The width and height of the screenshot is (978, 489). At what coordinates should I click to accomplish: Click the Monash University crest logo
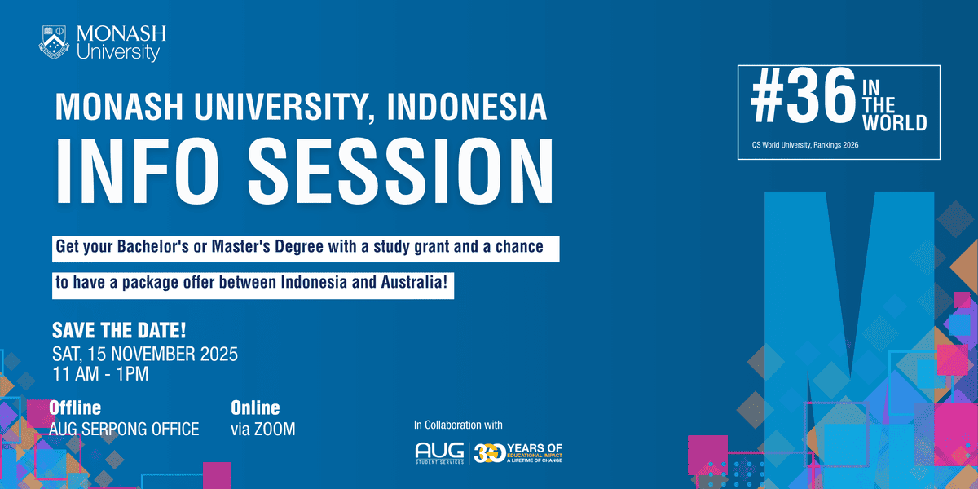click(55, 42)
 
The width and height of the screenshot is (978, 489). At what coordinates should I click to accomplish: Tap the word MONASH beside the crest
click(121, 34)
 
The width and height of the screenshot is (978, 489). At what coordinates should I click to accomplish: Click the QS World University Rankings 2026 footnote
click(805, 144)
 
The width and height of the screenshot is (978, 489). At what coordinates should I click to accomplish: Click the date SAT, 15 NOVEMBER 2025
click(144, 355)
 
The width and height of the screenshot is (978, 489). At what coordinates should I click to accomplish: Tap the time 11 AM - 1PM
click(100, 375)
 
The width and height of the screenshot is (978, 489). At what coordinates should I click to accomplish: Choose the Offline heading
click(76, 407)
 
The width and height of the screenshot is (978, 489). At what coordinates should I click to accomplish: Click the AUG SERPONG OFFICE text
click(124, 429)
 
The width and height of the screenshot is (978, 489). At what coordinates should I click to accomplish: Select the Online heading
click(255, 407)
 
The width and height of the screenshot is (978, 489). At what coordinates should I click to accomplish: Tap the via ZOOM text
click(263, 429)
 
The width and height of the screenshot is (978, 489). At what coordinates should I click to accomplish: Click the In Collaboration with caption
click(458, 425)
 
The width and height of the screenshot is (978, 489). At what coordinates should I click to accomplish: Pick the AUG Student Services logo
click(439, 452)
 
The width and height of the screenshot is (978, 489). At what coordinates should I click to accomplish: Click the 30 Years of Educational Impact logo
click(518, 452)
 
